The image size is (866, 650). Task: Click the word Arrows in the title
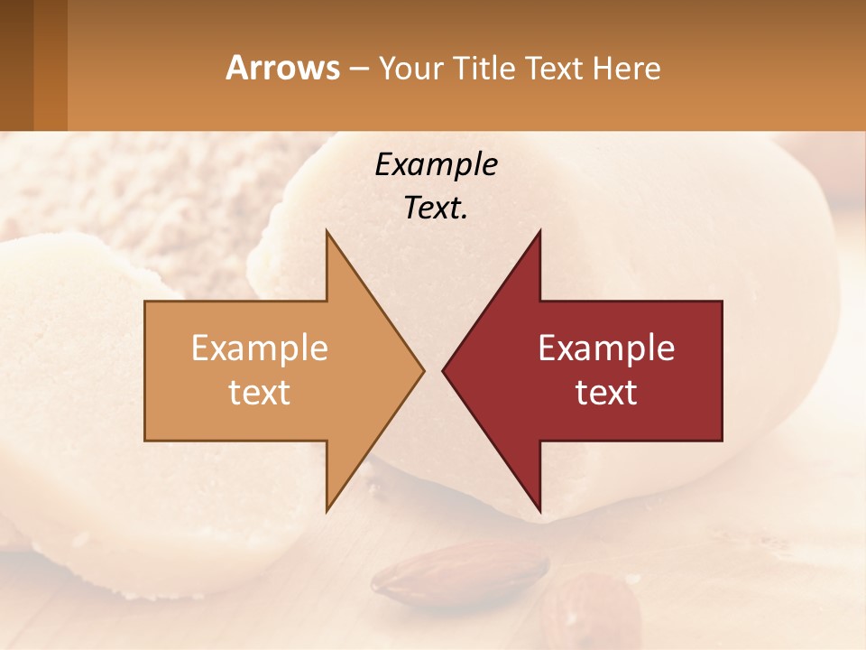[282, 68]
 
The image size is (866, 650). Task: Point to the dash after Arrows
[358, 69]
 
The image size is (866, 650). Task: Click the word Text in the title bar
[555, 68]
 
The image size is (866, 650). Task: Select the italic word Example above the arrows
[436, 164]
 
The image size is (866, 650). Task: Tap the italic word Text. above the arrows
[436, 208]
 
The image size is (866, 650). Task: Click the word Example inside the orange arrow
[260, 348]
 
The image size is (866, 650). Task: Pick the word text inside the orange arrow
[260, 392]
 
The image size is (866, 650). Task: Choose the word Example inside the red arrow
[606, 348]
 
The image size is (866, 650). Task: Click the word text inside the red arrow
[606, 392]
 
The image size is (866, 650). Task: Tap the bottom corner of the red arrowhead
[539, 510]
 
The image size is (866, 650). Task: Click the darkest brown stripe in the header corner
[16, 65]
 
